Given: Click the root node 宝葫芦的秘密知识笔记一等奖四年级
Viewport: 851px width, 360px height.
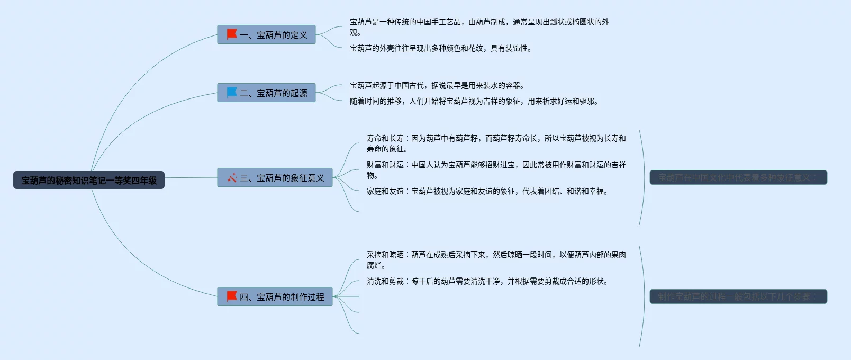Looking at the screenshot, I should (89, 180).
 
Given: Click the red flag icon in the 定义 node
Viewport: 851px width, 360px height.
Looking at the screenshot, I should (232, 34).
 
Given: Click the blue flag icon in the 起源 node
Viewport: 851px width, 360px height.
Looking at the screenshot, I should (232, 93).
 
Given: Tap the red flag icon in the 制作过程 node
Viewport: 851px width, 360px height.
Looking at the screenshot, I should (232, 296).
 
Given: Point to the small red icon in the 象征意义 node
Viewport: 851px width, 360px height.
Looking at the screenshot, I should (232, 178).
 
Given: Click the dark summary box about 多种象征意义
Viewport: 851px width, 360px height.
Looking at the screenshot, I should (738, 178).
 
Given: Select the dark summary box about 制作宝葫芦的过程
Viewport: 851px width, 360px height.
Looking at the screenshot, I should (738, 297).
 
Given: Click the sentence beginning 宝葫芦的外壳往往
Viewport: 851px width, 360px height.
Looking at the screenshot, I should (440, 48).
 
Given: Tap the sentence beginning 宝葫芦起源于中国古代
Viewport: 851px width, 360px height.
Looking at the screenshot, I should (437, 85).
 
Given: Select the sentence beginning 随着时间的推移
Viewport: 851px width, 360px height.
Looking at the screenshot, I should (474, 101).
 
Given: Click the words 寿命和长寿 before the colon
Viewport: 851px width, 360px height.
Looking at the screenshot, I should (385, 138).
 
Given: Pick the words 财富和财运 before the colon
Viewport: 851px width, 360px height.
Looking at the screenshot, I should (385, 165).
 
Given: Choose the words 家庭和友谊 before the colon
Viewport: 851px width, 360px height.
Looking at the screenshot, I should (385, 191).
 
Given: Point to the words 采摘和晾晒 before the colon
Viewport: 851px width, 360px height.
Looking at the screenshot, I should (385, 255).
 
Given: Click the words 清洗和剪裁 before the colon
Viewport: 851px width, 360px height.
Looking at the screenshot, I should (385, 281).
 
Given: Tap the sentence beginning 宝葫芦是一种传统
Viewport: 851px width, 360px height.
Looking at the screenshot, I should (479, 22).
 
